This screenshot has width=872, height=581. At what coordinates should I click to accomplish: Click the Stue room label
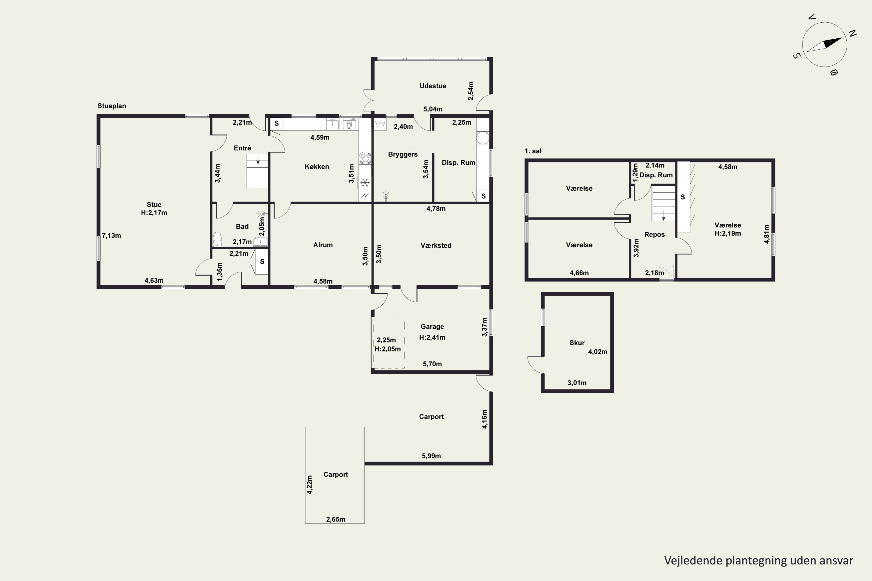click(x=154, y=205)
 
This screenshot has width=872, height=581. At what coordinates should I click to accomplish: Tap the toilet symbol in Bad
click(x=217, y=239)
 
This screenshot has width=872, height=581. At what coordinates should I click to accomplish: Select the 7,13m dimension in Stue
click(x=111, y=235)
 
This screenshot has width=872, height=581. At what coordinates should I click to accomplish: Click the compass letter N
click(x=853, y=33)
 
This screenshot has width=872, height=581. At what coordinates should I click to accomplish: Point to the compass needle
click(x=825, y=45)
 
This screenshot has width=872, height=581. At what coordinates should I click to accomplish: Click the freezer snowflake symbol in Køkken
click(x=365, y=182)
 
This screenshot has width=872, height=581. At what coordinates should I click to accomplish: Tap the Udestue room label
click(x=433, y=86)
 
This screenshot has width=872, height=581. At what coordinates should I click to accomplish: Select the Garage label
click(x=432, y=327)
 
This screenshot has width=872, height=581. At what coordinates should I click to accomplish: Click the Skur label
click(x=577, y=343)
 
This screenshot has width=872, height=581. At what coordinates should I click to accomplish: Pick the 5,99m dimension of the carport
click(x=431, y=456)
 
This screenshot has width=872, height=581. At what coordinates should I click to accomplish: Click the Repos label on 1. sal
click(x=654, y=234)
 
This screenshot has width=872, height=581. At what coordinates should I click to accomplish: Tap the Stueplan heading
click(x=112, y=106)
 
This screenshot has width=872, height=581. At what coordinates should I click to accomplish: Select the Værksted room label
click(x=436, y=245)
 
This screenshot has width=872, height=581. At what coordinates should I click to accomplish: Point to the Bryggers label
click(x=403, y=155)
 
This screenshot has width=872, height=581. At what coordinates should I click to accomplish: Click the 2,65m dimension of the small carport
click(x=335, y=519)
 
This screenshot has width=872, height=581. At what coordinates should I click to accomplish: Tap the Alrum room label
click(x=323, y=245)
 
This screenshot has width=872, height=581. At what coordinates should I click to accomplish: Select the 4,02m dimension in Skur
click(x=598, y=352)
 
